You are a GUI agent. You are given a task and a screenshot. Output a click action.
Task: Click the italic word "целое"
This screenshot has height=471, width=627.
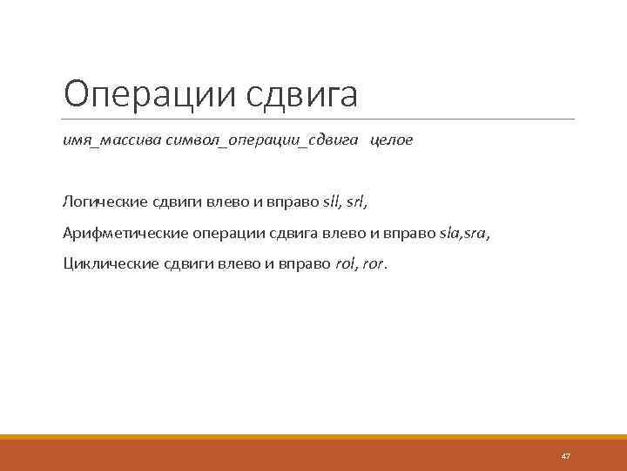click(x=392, y=140)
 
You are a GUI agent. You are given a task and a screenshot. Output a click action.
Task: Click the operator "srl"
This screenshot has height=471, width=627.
click(x=355, y=201)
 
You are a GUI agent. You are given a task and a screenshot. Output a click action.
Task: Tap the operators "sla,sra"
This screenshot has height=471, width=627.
click(x=464, y=233)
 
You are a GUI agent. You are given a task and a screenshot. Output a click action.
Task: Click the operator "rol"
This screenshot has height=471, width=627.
click(x=345, y=263)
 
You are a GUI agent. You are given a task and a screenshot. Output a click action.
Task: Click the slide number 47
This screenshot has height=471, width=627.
click(x=565, y=456)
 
